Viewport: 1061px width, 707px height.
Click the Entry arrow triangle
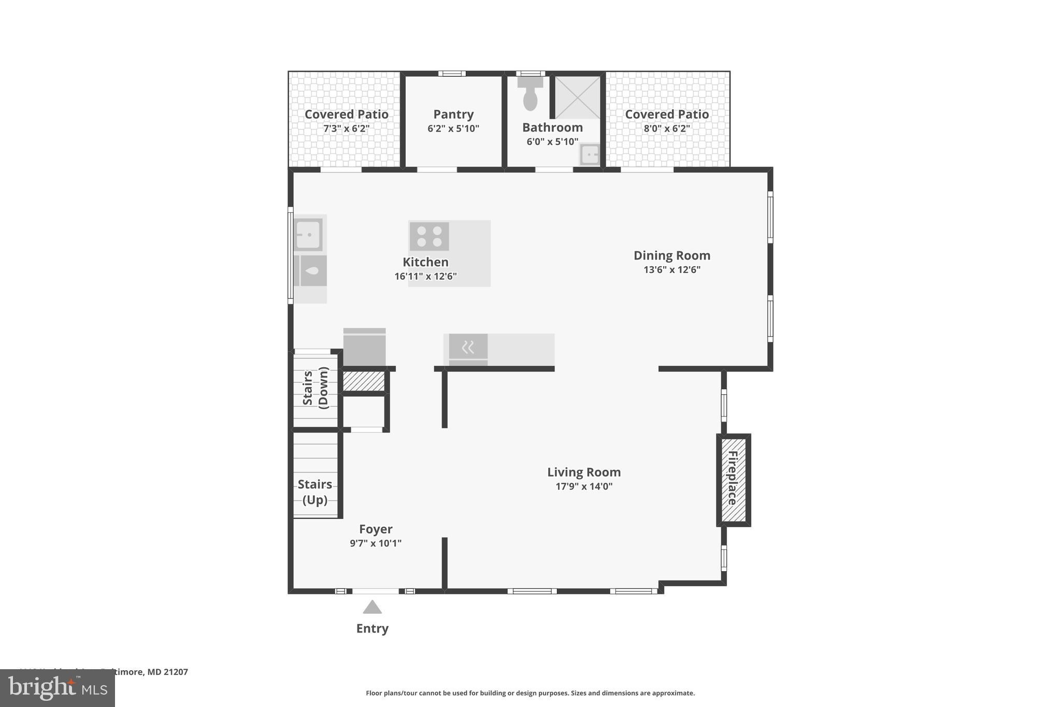[372, 607]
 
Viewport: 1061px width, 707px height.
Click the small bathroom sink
[590, 154]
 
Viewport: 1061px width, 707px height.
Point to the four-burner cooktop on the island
[429, 237]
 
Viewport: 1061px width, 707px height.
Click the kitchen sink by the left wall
[308, 235]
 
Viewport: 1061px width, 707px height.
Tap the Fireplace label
[733, 478]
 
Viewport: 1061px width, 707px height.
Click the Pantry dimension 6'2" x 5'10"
[453, 128]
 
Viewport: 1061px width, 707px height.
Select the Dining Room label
[672, 255]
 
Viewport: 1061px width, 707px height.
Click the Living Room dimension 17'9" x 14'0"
[584, 486]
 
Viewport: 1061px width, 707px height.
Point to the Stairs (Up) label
[315, 492]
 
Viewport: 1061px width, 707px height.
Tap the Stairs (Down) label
[316, 388]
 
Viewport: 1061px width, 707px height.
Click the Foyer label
[376, 529]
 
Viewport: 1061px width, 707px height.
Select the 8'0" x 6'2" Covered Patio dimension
[667, 128]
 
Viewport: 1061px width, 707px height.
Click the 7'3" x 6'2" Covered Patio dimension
[346, 128]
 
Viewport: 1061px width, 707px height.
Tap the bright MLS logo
[58, 688]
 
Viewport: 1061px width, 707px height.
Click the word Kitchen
[425, 262]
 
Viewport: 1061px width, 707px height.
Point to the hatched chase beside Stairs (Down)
[364, 382]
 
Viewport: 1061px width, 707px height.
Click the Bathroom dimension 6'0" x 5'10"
[552, 141]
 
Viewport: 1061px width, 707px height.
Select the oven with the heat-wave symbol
[468, 348]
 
